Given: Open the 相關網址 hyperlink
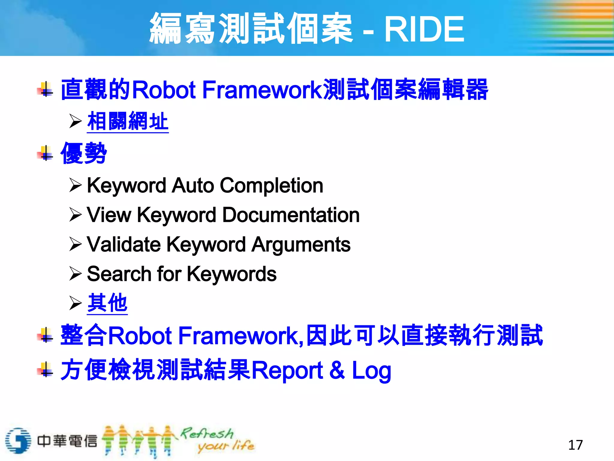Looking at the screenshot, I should pos(128,121).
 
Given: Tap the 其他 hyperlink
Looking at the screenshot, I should pos(107,303).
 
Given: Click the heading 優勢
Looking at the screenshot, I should pos(84,153).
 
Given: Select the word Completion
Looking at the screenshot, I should pos(271,185).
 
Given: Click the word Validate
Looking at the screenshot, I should pos(124,244).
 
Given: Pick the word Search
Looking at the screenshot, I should pos(119,274).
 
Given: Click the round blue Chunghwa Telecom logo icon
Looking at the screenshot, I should pos(18,441).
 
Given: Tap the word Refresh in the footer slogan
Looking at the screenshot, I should pos(207,433).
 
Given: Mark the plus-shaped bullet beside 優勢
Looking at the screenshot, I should pos(46,153).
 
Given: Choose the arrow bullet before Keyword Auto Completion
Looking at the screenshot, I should pos(75,185).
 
